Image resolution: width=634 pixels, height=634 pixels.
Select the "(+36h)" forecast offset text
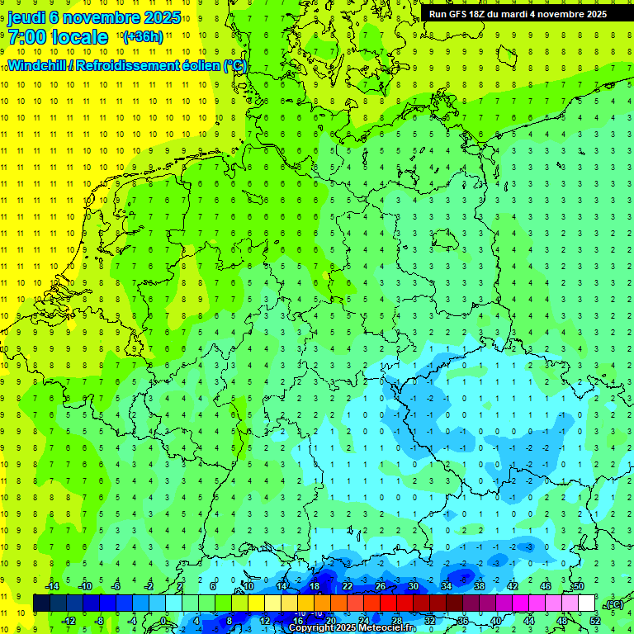click(x=143, y=37)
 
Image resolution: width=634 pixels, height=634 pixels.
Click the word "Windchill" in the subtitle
click(x=37, y=65)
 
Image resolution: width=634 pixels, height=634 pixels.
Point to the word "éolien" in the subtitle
click(x=196, y=65)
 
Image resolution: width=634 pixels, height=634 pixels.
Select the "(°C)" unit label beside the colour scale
click(x=613, y=604)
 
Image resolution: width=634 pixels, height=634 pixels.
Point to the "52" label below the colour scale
click(x=594, y=620)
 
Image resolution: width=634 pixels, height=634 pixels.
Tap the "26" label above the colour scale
click(x=380, y=586)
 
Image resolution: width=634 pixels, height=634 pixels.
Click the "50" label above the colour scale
click(x=578, y=586)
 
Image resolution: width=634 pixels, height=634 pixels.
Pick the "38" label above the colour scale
click(x=479, y=586)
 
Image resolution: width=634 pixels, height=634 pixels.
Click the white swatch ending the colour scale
click(x=587, y=603)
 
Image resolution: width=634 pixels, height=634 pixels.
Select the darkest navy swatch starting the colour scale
click(x=41, y=603)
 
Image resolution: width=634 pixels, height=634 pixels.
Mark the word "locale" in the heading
click(x=80, y=37)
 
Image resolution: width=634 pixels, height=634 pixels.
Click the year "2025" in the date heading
click(x=162, y=17)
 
